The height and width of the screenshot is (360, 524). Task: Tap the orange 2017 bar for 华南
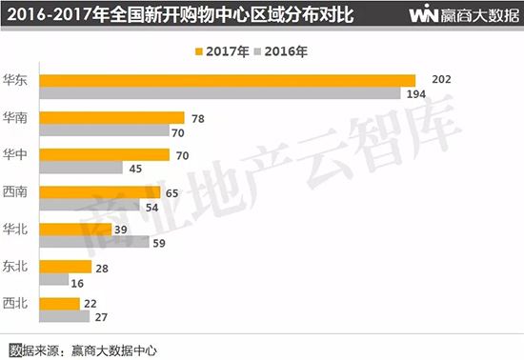[119, 117]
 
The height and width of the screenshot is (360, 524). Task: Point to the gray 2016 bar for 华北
[102, 242]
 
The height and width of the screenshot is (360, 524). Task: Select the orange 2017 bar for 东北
[72, 267]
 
